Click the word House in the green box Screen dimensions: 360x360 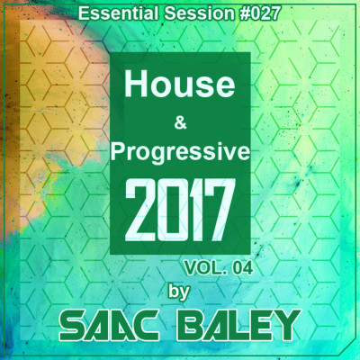(180, 85)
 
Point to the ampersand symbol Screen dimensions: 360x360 (180, 122)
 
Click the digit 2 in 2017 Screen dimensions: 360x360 (140, 210)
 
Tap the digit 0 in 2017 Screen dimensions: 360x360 (173, 210)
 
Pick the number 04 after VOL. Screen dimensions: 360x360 (241, 268)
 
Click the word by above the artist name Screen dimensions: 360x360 (179, 292)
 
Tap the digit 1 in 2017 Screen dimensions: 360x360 (193, 210)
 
